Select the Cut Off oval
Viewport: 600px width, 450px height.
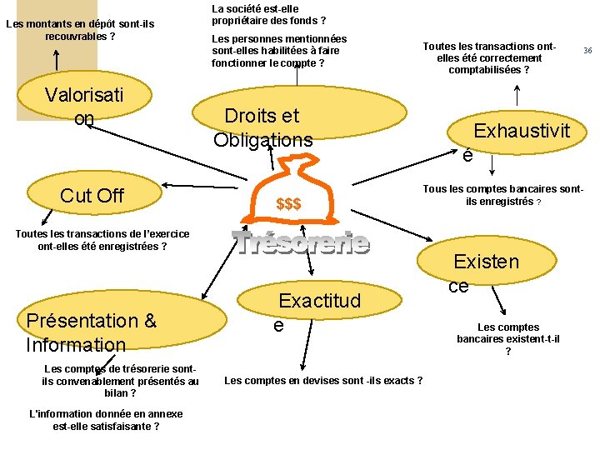point(92,196)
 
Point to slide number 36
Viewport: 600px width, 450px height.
point(587,51)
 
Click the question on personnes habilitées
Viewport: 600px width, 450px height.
point(279,51)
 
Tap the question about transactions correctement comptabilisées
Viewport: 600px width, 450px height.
point(488,58)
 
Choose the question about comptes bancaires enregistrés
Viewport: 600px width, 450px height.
point(503,195)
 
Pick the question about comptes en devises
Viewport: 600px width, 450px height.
point(323,381)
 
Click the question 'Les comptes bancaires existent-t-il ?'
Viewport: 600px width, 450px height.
point(508,339)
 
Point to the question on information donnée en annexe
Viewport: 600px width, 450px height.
point(106,420)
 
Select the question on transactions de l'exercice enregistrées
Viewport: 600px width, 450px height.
point(102,240)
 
